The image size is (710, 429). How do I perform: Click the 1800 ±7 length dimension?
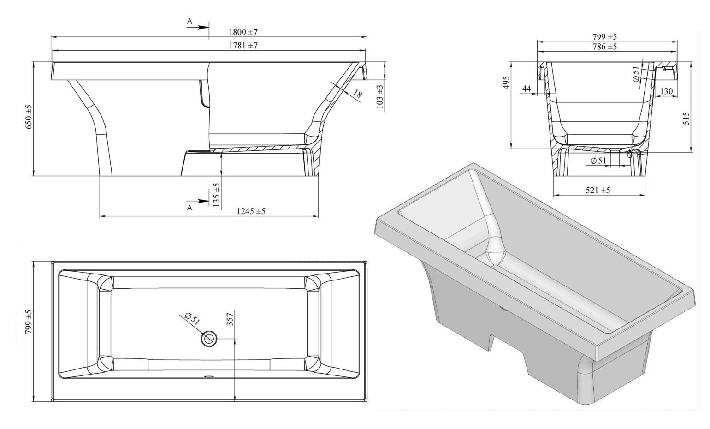click(x=243, y=32)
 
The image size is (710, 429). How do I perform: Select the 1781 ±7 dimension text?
click(x=243, y=46)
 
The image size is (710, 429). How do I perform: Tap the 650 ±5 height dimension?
click(x=29, y=117)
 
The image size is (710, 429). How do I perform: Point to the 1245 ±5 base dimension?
click(x=251, y=211)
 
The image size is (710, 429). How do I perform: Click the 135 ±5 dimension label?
click(x=217, y=195)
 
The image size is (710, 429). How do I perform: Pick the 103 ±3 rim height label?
click(x=380, y=97)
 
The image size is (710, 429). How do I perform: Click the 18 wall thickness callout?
click(x=357, y=94)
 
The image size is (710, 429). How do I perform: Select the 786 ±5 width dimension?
click(x=605, y=47)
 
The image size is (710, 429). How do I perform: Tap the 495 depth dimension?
click(x=506, y=83)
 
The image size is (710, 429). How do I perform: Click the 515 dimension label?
click(x=686, y=118)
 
